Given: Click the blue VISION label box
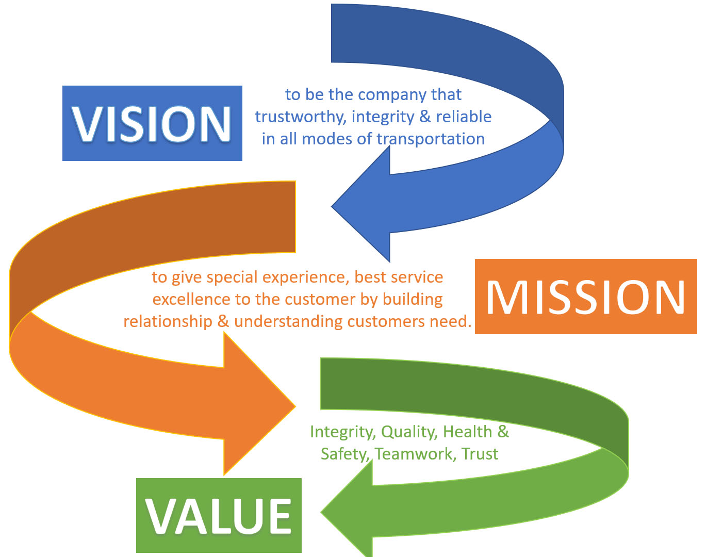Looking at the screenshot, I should coord(152,123).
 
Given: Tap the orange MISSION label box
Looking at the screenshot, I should coord(585,297).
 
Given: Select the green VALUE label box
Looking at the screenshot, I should coord(219,515).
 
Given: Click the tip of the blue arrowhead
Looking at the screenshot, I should coord(333,206).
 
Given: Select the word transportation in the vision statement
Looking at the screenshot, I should coord(431,139).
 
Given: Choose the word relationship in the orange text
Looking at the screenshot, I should coord(168,322).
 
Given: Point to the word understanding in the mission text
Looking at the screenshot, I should coord(288,322).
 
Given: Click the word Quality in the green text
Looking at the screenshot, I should coord(409,432).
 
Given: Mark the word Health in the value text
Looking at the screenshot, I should coord(467,432).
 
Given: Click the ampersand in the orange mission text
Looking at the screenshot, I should coord(223,322).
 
